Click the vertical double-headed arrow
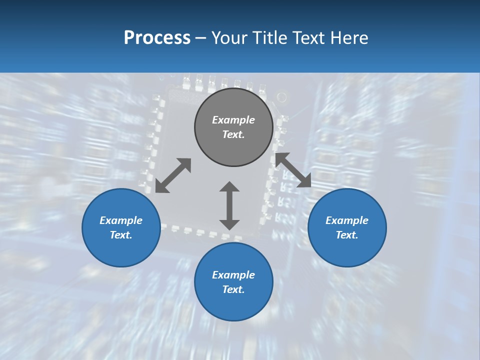(229, 205)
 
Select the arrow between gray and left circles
(173, 175)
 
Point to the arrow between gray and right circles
(293, 170)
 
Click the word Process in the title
(157, 37)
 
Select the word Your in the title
(230, 37)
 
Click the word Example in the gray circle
(233, 120)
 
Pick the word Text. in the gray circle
(233, 134)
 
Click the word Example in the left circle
(121, 220)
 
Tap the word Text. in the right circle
(347, 235)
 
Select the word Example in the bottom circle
(233, 275)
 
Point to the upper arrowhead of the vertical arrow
(229, 186)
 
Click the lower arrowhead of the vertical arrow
(229, 224)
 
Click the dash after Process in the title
(200, 38)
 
